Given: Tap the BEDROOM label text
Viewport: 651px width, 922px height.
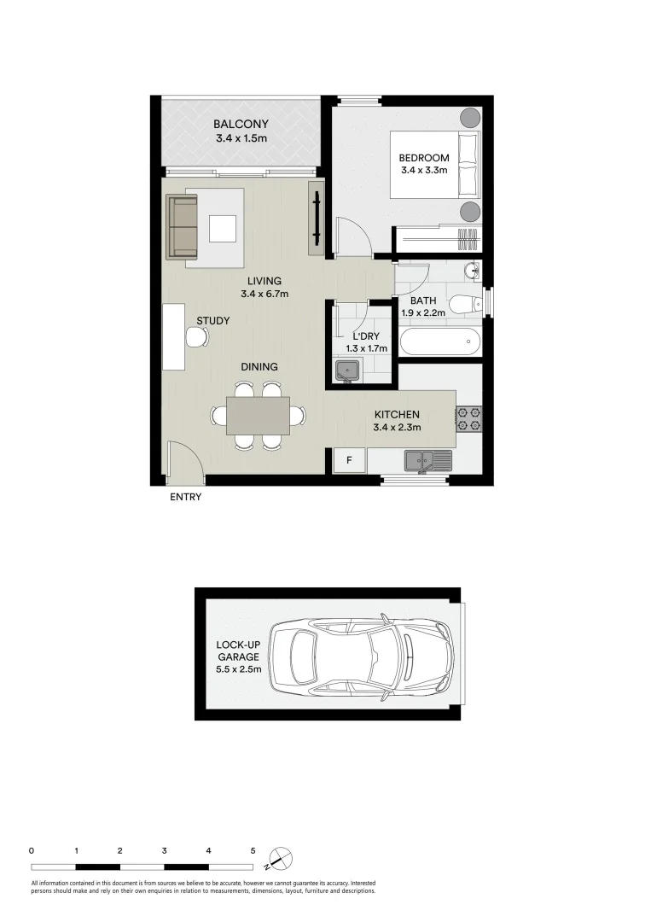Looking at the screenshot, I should (x=424, y=158).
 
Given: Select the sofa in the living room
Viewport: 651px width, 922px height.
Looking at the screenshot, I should (x=182, y=226).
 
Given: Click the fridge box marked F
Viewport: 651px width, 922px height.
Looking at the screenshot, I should (x=348, y=461).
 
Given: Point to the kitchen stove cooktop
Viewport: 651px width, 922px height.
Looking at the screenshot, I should (x=468, y=418).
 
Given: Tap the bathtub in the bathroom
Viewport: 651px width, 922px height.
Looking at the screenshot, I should (x=440, y=343).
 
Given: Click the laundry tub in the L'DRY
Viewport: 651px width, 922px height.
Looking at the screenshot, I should (x=347, y=371).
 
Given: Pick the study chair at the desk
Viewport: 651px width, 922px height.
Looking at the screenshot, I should (x=197, y=338).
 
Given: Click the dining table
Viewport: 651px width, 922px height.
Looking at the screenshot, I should (x=258, y=416).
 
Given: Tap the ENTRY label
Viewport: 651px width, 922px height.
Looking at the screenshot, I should (x=185, y=497).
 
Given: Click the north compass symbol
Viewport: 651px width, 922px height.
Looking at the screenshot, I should (x=281, y=857).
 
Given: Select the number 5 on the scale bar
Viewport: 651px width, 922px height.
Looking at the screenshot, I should (x=253, y=850).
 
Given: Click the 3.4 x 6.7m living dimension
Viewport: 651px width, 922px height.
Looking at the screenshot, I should (x=264, y=295).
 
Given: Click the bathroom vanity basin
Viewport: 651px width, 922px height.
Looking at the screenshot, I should (x=472, y=271).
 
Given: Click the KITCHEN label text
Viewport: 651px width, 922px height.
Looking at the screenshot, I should (x=397, y=415).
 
